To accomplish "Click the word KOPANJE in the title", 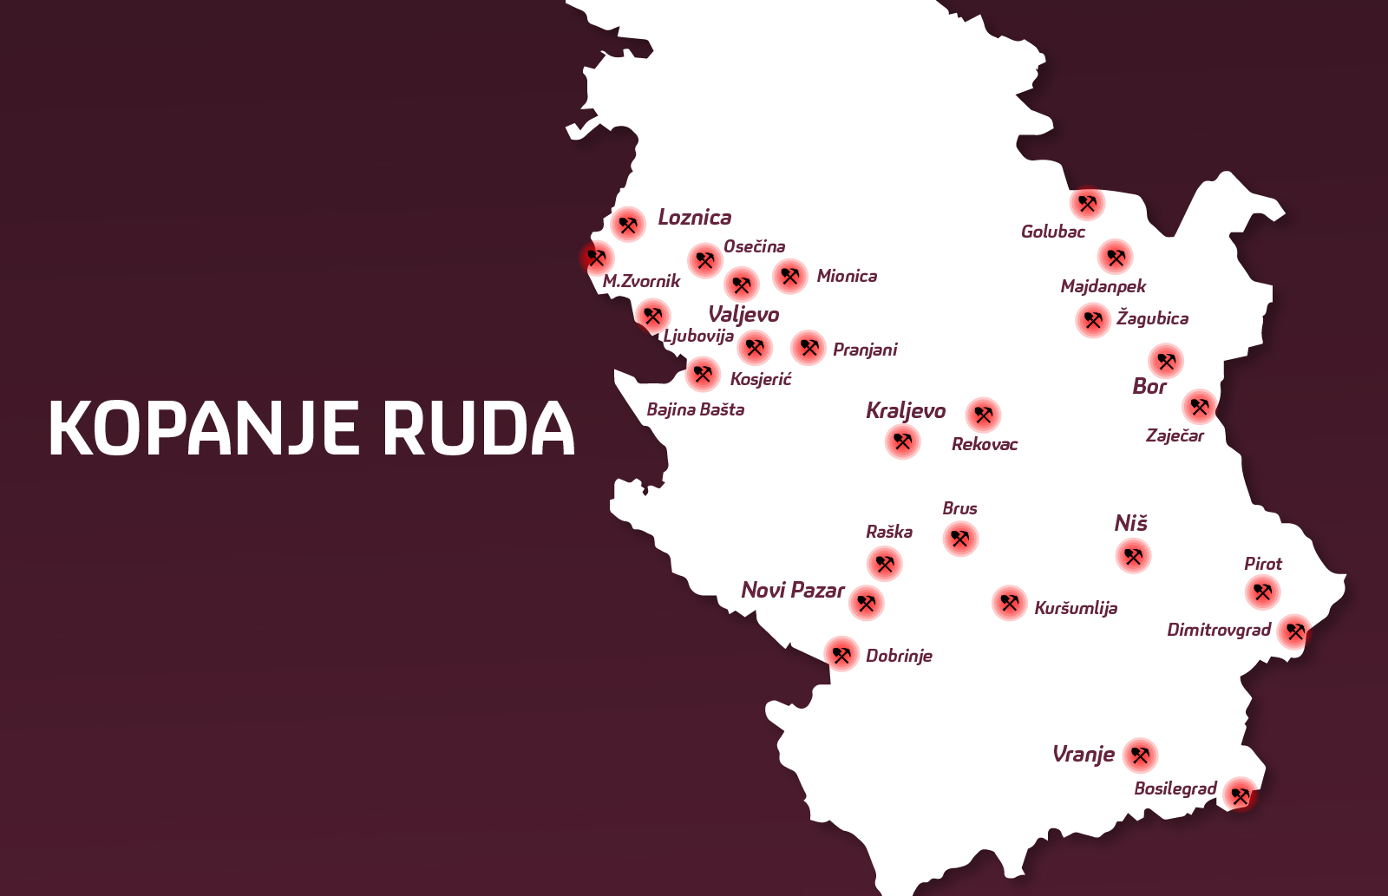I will [x=204, y=428].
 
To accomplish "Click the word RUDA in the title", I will [x=479, y=428].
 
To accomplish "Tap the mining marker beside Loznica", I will [x=628, y=225].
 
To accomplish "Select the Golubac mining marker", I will [x=1087, y=204].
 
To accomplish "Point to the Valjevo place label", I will [x=743, y=314].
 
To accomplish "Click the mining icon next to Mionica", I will [x=789, y=277].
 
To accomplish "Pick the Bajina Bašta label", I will [x=695, y=409].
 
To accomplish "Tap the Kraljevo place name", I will [x=905, y=410].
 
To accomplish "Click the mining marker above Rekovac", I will [x=983, y=415].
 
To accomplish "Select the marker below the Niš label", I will [x=1133, y=556].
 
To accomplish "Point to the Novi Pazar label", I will [x=792, y=591].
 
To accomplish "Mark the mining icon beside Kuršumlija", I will [x=1009, y=602].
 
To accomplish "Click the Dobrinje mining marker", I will [x=841, y=654].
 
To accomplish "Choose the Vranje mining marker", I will [x=1140, y=755].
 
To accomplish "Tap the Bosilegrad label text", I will [x=1175, y=788].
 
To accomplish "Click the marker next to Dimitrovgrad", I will [x=1294, y=631].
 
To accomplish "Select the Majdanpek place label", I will [x=1103, y=286].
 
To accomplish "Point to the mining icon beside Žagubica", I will [x=1093, y=320].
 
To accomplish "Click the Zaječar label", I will [x=1175, y=435].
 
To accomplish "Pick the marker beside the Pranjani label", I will [x=809, y=348].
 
